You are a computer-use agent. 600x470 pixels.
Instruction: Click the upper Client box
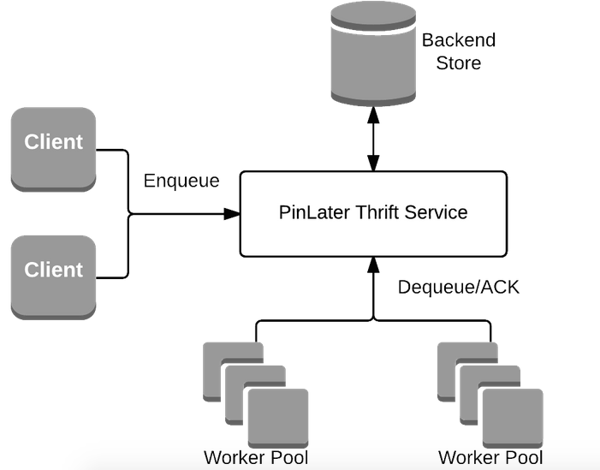pos(53,147)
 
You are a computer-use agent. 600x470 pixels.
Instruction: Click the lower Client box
pos(53,275)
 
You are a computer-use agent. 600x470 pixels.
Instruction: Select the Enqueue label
pos(181,181)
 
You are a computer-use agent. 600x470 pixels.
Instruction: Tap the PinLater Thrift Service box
pos(373,214)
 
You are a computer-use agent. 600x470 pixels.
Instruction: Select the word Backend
pos(458,40)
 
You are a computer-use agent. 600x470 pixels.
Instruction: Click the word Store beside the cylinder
pos(458,62)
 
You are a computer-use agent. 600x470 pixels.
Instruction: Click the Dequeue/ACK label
pos(459,288)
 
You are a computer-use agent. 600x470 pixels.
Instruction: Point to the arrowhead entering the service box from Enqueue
pos(233,214)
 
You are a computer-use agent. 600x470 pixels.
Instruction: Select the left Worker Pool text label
pos(255,457)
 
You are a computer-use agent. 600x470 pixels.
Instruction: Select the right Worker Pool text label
pos(489,457)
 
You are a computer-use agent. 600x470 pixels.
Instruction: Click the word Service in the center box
pos(437,212)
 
